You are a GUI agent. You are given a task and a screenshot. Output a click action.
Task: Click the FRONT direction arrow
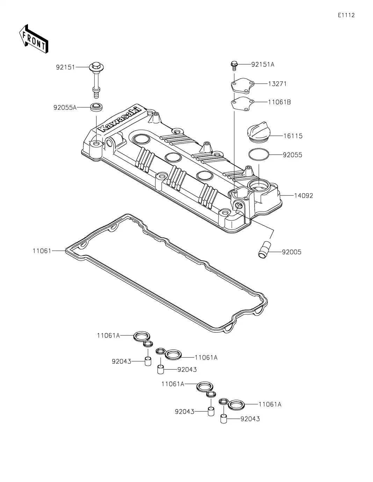(x=34, y=39)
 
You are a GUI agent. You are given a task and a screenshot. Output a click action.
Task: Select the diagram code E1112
(x=346, y=15)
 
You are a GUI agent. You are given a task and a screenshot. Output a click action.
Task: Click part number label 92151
(x=65, y=67)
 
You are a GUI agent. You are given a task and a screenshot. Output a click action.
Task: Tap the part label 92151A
(x=263, y=64)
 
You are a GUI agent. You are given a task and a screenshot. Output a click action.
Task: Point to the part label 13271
(x=277, y=84)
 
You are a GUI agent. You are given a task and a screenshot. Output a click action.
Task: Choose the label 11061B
(x=279, y=102)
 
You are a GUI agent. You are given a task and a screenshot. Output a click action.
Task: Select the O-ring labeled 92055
(x=258, y=155)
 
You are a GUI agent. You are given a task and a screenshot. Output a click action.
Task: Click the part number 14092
(x=303, y=196)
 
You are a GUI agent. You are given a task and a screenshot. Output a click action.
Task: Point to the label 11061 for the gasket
(x=42, y=251)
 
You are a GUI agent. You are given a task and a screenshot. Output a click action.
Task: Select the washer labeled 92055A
(x=97, y=107)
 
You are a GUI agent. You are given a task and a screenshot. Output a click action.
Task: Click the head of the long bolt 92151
(x=97, y=67)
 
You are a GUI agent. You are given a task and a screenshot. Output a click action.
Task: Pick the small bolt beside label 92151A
(x=234, y=65)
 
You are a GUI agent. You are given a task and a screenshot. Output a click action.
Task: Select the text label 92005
(x=292, y=252)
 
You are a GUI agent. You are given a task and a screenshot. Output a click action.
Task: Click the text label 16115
(x=293, y=136)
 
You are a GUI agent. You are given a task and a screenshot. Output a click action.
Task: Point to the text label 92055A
(x=65, y=107)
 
